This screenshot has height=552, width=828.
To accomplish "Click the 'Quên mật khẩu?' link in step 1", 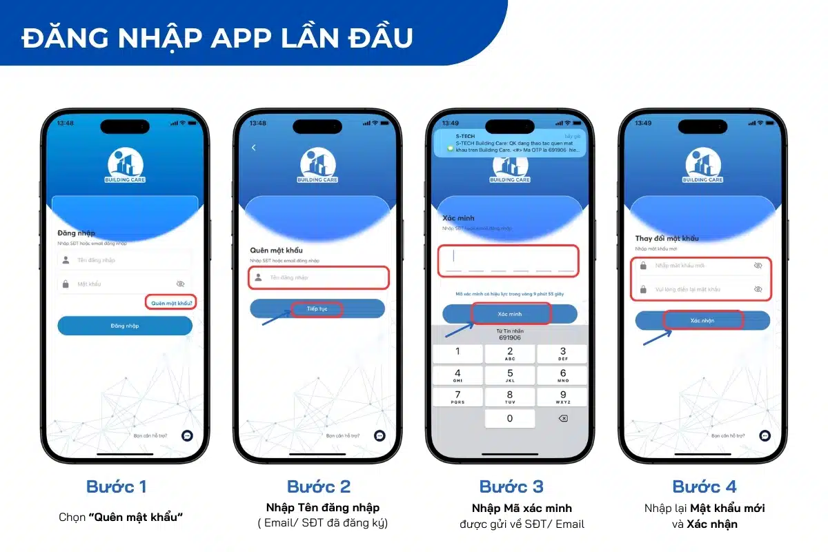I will (172, 302).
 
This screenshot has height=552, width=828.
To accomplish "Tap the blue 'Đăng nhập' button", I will (125, 326).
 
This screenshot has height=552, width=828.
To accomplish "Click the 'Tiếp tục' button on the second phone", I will (317, 309).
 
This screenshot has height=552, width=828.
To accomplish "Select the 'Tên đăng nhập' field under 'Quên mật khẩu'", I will (319, 277).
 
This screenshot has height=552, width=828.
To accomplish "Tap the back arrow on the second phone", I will (253, 148).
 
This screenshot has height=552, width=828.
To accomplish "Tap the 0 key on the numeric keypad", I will (510, 418).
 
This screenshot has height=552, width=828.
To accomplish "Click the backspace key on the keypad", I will (562, 418).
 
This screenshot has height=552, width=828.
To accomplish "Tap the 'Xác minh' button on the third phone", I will (510, 314).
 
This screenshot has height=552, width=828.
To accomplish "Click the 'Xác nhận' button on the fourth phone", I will (702, 320).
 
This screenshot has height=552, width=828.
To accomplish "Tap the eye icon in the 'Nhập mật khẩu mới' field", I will (758, 266).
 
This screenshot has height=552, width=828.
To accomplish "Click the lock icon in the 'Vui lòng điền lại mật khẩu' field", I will (644, 289).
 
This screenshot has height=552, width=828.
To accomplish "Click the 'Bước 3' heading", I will (512, 486).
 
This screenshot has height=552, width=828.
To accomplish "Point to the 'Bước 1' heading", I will (117, 486).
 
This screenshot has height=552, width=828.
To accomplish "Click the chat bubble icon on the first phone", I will (186, 435).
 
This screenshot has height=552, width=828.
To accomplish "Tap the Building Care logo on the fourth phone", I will (703, 166).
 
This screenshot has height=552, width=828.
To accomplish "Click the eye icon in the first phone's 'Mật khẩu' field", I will (181, 284).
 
